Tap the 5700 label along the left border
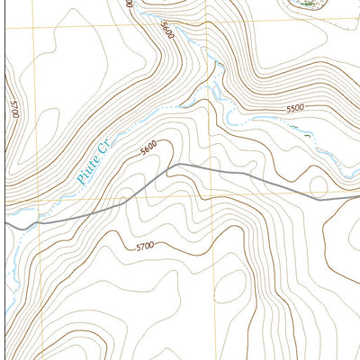point(12,114)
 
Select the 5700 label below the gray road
point(145,246)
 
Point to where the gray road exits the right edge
point(357,197)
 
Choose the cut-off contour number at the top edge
point(130,4)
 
